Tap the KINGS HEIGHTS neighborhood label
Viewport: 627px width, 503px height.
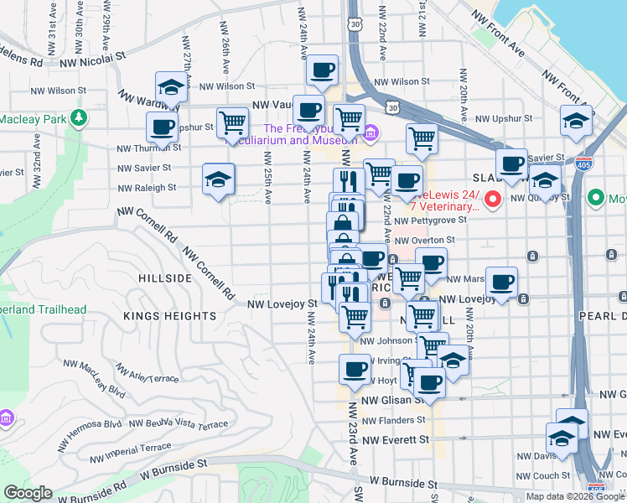170,316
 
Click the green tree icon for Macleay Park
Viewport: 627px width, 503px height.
79,118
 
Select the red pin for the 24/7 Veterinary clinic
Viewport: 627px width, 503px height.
494,200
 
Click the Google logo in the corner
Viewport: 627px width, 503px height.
28,492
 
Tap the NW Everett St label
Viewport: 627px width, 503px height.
395,438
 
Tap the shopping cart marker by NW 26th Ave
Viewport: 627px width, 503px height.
232,122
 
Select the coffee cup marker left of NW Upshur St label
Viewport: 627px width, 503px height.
162,128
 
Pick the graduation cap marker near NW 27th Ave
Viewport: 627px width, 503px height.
170,87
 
